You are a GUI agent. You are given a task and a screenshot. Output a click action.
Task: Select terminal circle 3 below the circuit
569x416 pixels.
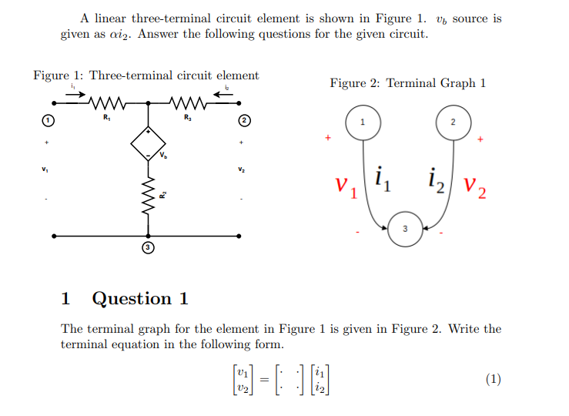click(149, 247)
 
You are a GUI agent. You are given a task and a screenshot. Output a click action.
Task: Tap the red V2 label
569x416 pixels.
click(476, 187)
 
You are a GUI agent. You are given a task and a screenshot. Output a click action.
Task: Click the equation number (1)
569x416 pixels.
click(494, 378)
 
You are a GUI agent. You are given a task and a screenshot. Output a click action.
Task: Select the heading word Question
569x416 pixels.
click(139, 299)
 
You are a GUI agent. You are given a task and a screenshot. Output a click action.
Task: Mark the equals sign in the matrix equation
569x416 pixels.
click(263, 378)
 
